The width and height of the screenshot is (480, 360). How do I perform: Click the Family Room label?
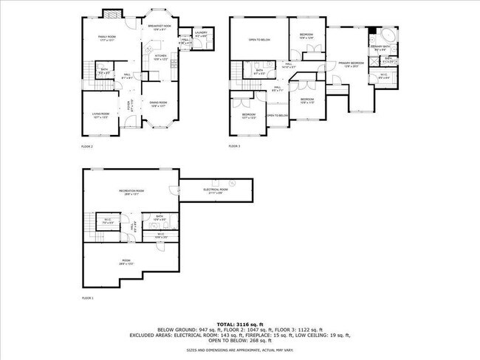click(x=108, y=37)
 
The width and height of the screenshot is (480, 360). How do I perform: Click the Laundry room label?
click(x=201, y=35)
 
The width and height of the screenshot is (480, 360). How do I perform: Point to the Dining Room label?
click(x=160, y=104)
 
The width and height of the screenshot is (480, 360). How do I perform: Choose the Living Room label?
click(x=100, y=114)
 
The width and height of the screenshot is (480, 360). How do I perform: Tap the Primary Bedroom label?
click(x=352, y=64)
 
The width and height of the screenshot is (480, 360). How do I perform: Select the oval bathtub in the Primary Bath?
click(x=388, y=33)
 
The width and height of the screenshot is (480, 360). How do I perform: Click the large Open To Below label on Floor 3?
click(x=258, y=40)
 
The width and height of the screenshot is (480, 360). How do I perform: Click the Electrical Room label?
click(x=216, y=190)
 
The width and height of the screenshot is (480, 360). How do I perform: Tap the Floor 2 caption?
click(x=87, y=147)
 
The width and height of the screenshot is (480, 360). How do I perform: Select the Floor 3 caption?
click(x=235, y=147)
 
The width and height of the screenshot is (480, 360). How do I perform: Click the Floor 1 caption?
click(x=87, y=299)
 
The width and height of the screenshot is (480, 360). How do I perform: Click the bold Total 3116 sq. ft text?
click(x=240, y=324)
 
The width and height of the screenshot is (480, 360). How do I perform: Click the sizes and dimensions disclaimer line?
click(x=240, y=351)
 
